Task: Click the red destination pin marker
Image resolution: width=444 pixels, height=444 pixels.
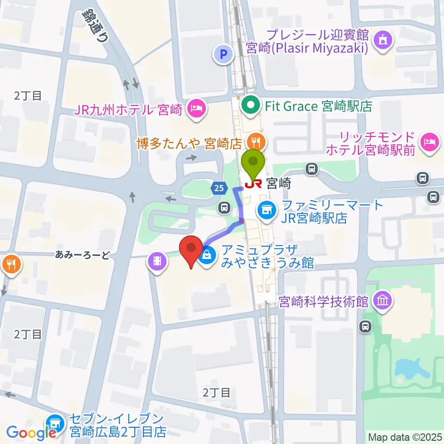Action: [191, 250]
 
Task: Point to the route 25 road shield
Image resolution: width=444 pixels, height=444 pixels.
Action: [219, 187]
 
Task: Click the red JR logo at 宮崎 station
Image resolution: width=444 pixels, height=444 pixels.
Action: [253, 184]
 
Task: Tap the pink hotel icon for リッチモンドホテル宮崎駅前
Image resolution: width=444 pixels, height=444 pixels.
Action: [429, 141]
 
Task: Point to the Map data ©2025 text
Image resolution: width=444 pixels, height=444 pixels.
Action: [404, 437]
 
